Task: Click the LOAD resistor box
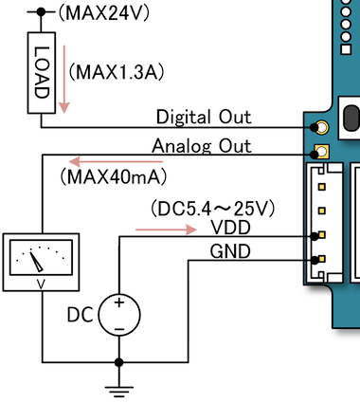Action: click(42, 73)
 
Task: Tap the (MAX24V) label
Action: click(104, 13)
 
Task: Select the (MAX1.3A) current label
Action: click(117, 72)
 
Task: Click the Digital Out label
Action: click(204, 117)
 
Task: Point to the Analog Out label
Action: click(202, 146)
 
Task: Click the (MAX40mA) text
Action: click(114, 176)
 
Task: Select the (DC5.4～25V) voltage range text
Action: click(213, 209)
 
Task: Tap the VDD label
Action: click(230, 228)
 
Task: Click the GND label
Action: click(230, 251)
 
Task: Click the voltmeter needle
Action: click(36, 261)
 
